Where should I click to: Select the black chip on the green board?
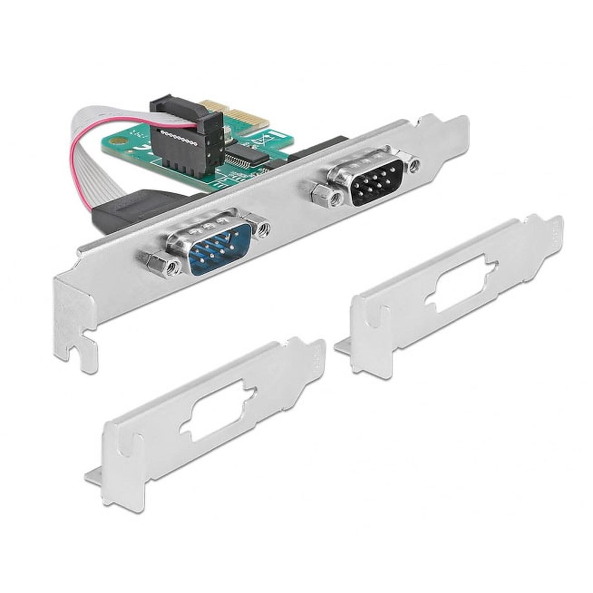click(246, 154)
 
